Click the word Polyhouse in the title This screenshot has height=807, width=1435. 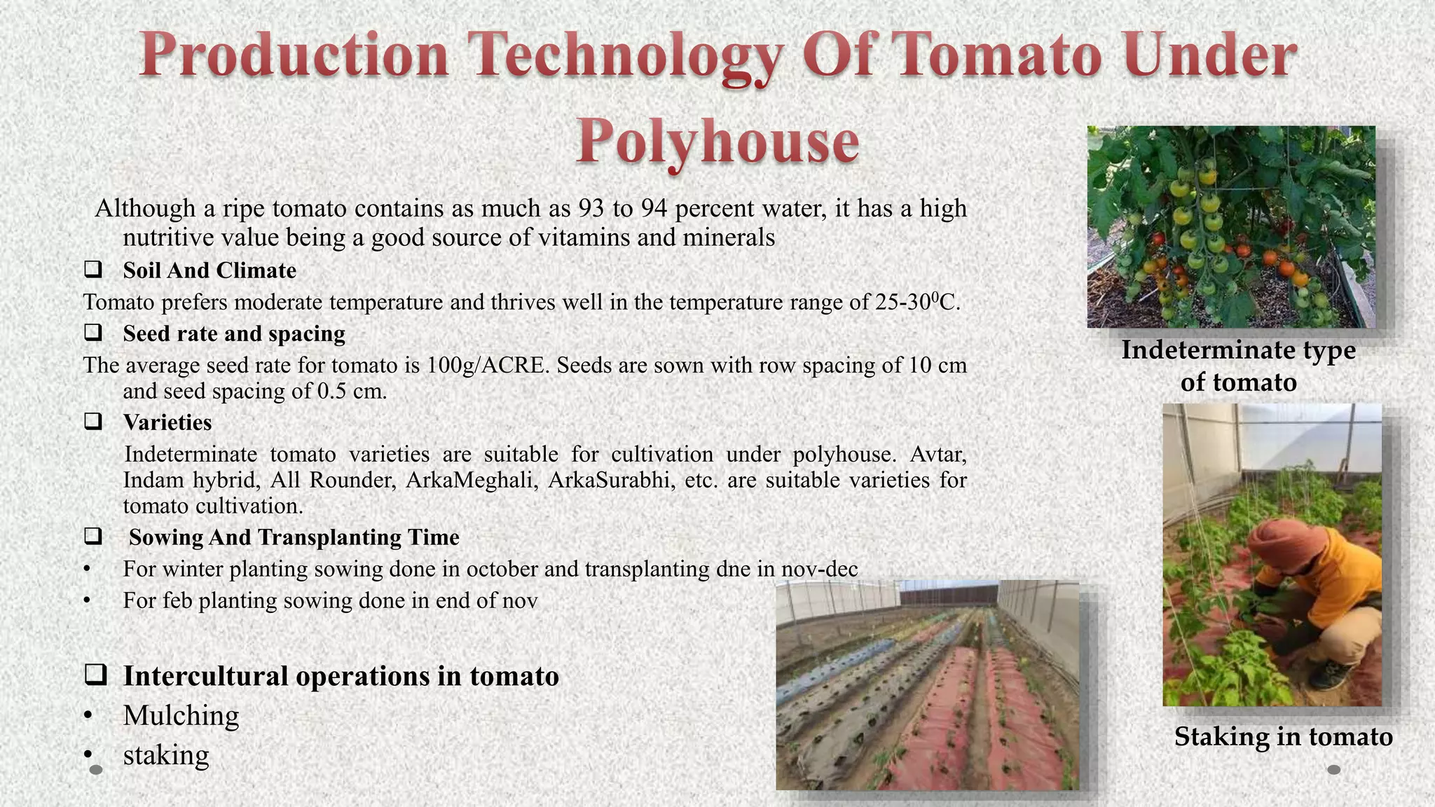point(717,140)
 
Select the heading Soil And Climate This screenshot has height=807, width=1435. point(210,270)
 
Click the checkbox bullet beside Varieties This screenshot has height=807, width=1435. point(93,422)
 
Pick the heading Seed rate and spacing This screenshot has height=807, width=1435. point(234,333)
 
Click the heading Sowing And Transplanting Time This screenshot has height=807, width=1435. point(294,537)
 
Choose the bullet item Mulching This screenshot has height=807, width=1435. point(181,715)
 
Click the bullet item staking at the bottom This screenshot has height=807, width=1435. point(166,755)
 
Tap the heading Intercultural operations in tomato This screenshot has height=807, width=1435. point(341,676)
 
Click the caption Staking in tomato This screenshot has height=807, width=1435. point(1283,737)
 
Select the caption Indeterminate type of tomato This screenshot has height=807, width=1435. point(1238,366)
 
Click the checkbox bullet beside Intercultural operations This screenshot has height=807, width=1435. point(95,675)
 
